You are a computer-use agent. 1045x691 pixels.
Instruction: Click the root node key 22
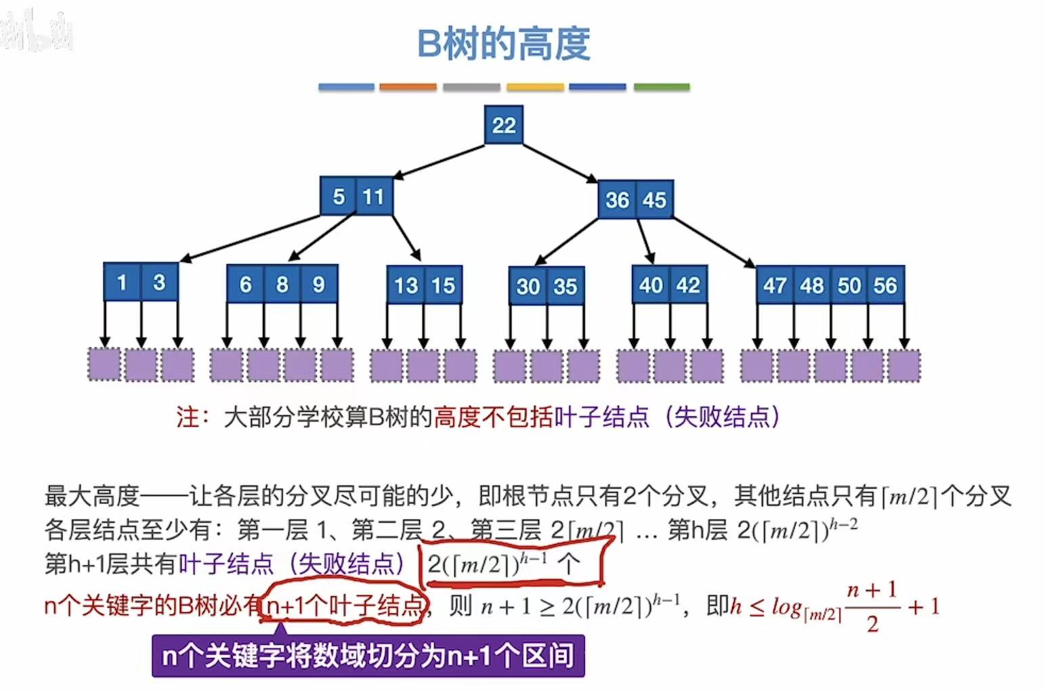tap(503, 125)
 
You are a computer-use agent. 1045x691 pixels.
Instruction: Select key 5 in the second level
tap(338, 196)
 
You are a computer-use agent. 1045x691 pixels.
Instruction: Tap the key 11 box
tap(373, 196)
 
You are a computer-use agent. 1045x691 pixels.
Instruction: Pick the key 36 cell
tap(617, 200)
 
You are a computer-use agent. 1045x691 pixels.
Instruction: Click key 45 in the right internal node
tap(654, 200)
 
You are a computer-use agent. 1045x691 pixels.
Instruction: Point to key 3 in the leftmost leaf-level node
tap(159, 282)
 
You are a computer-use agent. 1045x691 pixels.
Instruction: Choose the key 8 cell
tap(282, 284)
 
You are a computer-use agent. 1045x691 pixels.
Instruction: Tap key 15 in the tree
tap(443, 285)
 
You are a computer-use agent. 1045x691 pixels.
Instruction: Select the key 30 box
tap(528, 286)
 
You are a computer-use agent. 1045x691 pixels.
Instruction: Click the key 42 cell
tap(688, 285)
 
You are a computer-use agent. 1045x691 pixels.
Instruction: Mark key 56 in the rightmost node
tap(885, 285)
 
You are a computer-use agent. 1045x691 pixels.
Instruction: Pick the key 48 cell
tap(811, 285)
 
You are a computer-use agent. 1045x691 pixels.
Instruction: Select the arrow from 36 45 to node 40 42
tap(645, 240)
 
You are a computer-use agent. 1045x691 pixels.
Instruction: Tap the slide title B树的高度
tap(503, 43)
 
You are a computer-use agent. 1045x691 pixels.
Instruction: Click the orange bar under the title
tap(408, 87)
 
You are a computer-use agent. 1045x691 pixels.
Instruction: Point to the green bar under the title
tap(661, 87)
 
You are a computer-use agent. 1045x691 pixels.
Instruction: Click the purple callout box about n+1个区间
tap(368, 655)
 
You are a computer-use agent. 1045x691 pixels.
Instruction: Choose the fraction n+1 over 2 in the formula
tap(872, 606)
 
